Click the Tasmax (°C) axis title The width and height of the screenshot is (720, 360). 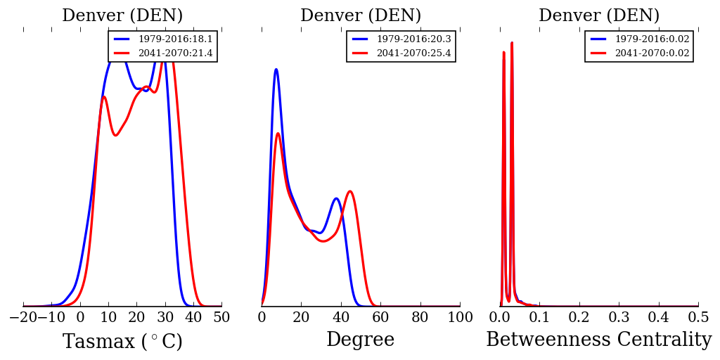click(x=122, y=342)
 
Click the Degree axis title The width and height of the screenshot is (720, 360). click(x=360, y=340)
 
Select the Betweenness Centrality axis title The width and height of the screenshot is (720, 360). click(x=598, y=340)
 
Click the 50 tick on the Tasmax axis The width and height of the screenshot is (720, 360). click(x=221, y=318)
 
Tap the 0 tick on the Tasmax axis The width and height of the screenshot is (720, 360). click(x=80, y=318)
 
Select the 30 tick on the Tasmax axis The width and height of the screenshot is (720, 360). click(x=165, y=318)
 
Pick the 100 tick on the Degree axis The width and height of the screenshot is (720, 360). click(x=460, y=318)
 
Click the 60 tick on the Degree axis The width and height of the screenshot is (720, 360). click(x=380, y=318)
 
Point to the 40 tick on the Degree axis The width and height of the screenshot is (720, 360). click(x=341, y=318)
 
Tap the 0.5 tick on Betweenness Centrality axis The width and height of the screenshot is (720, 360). click(x=698, y=318)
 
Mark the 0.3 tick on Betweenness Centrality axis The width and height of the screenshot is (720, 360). click(x=619, y=318)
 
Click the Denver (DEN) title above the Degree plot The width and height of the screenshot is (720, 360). click(x=360, y=15)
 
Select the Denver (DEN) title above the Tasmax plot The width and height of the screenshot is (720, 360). click(x=122, y=15)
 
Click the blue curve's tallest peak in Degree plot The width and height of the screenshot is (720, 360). click(x=276, y=69)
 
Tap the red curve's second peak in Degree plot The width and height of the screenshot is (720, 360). click(x=349, y=191)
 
